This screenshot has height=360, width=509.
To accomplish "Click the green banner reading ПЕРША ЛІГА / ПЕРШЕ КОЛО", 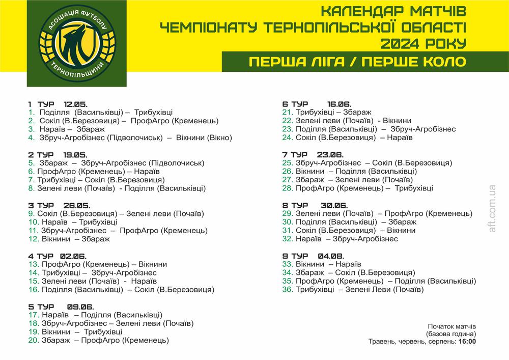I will (x=357, y=62).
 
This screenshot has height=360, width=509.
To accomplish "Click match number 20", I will (x=34, y=340).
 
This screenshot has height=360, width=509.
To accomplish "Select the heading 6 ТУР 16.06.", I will (x=316, y=104).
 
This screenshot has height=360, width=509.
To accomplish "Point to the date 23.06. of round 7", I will (x=330, y=154).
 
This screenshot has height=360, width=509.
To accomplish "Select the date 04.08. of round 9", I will (x=331, y=256).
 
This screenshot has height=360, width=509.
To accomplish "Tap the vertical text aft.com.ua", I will (x=492, y=209).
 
